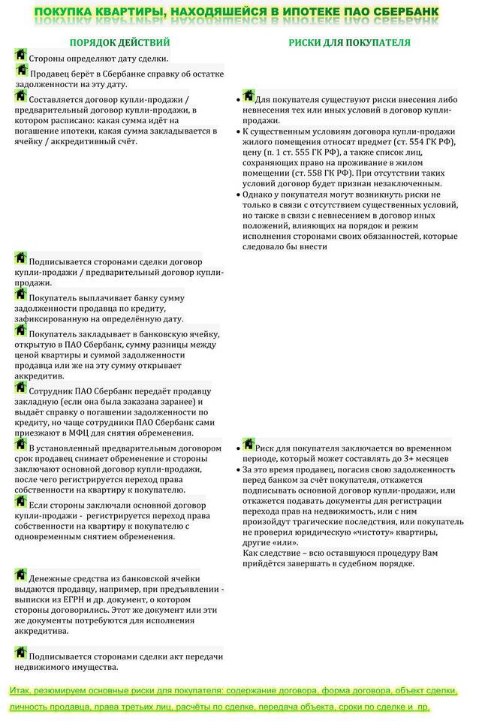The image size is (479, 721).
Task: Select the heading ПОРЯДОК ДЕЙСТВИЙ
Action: (x=119, y=43)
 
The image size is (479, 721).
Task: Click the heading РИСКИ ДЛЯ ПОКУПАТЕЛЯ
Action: (x=350, y=43)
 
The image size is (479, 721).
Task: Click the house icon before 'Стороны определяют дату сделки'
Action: (x=20, y=56)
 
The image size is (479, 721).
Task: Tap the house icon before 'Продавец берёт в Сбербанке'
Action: (x=21, y=71)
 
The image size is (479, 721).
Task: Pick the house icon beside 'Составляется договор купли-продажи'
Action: (x=20, y=97)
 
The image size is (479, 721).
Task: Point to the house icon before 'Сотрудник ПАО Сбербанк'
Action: (x=20, y=388)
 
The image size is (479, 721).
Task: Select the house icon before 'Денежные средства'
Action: (x=20, y=575)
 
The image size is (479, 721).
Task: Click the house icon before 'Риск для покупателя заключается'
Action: (x=248, y=445)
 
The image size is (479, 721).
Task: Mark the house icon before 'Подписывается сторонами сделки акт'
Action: (x=20, y=653)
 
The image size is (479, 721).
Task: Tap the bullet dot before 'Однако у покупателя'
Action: (x=238, y=195)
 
